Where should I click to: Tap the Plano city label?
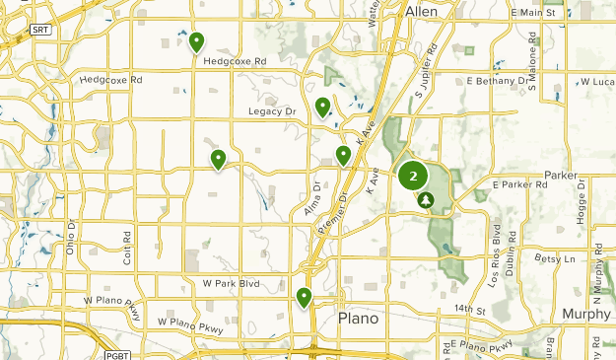pyautogui.click(x=358, y=319)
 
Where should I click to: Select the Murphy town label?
pyautogui.click(x=586, y=314)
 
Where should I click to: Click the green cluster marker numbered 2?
pyautogui.click(x=413, y=177)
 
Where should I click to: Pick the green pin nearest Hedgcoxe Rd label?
pyautogui.click(x=196, y=42)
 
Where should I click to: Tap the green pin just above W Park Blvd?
pyautogui.click(x=304, y=296)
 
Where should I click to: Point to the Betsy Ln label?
pyautogui.click(x=553, y=258)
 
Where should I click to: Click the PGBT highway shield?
pyautogui.click(x=117, y=352)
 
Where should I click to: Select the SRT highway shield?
pyautogui.click(x=39, y=31)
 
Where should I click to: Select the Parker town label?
pyautogui.click(x=559, y=175)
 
